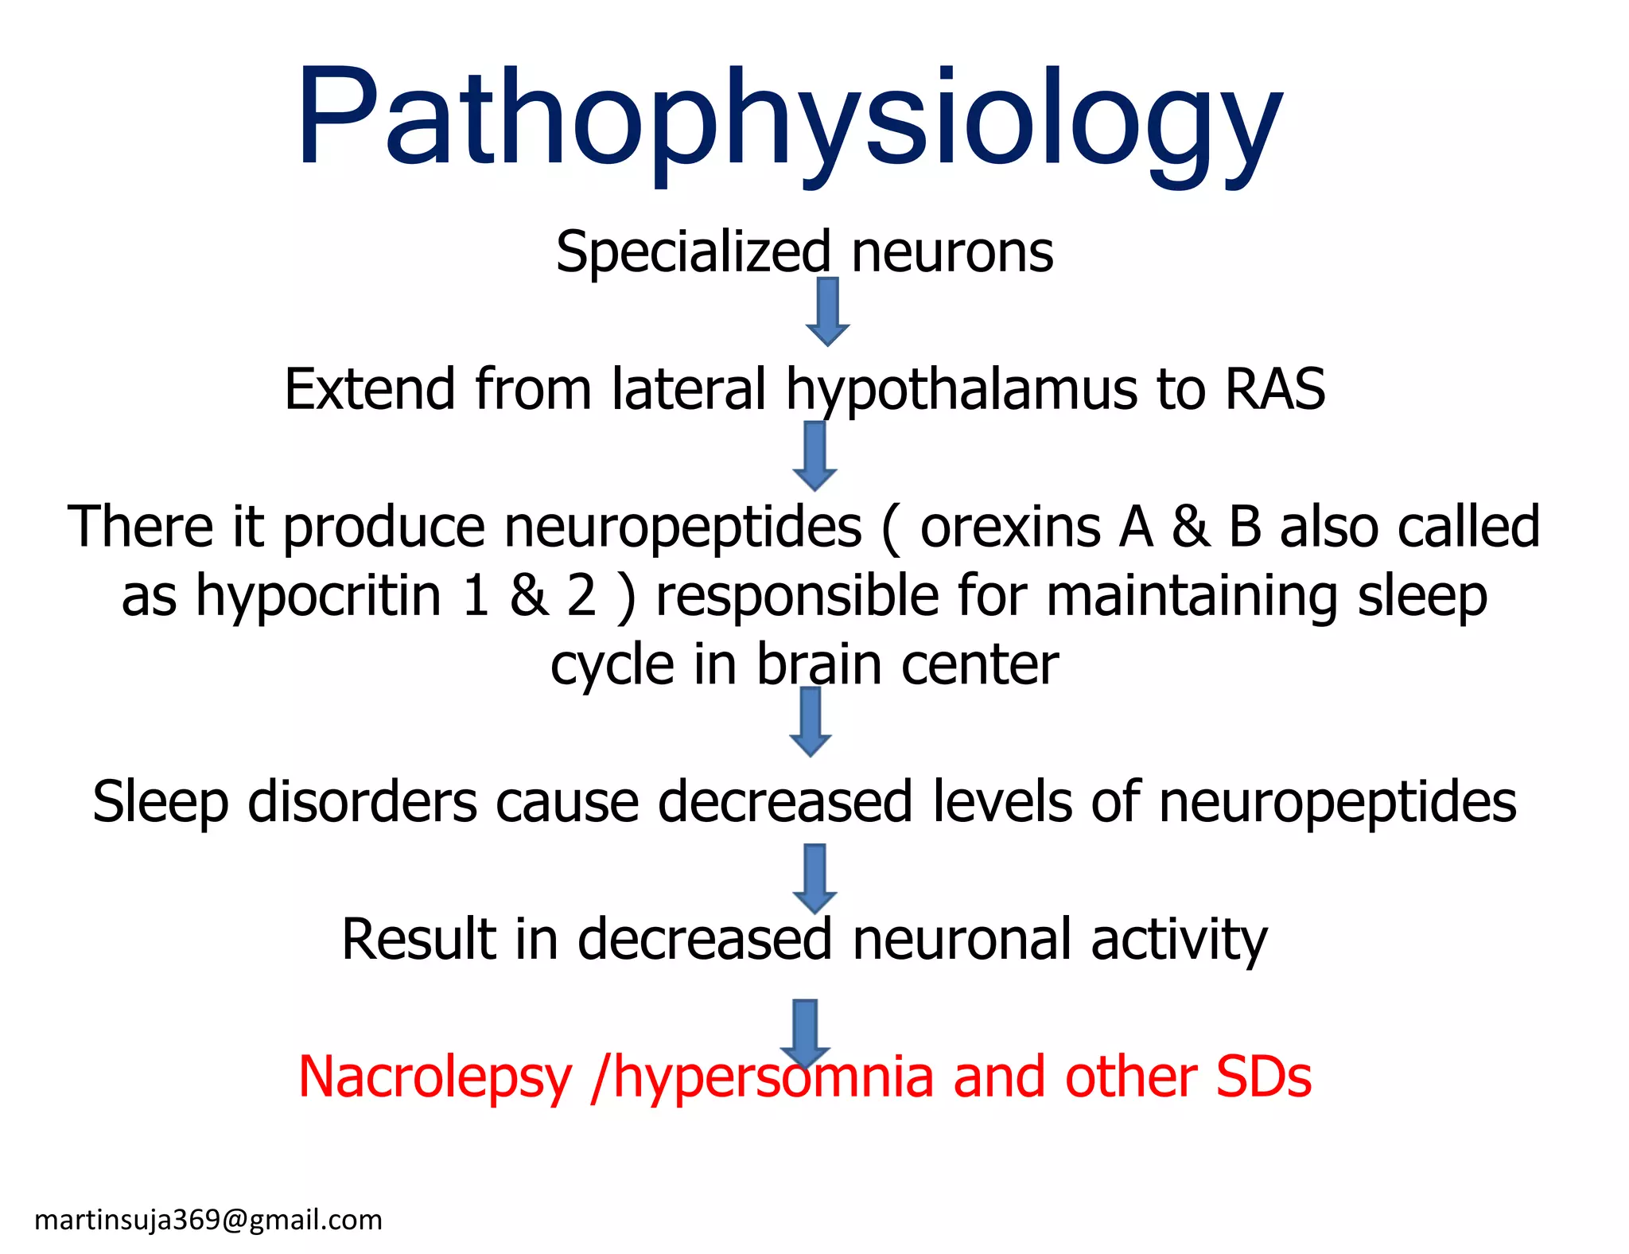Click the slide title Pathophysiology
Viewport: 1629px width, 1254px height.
(x=789, y=119)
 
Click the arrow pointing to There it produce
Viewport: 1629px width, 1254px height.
(x=814, y=456)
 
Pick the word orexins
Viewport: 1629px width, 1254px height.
(x=1009, y=527)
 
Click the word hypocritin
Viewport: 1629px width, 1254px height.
(x=318, y=596)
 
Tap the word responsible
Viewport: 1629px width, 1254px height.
(x=796, y=596)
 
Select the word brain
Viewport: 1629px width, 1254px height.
(x=818, y=664)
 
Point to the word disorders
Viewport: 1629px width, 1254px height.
(x=363, y=801)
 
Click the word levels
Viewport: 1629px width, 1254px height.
(x=1001, y=801)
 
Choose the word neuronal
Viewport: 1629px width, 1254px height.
(x=962, y=940)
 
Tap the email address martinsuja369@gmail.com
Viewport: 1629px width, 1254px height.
(x=208, y=1220)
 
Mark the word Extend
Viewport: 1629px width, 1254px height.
(x=370, y=389)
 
